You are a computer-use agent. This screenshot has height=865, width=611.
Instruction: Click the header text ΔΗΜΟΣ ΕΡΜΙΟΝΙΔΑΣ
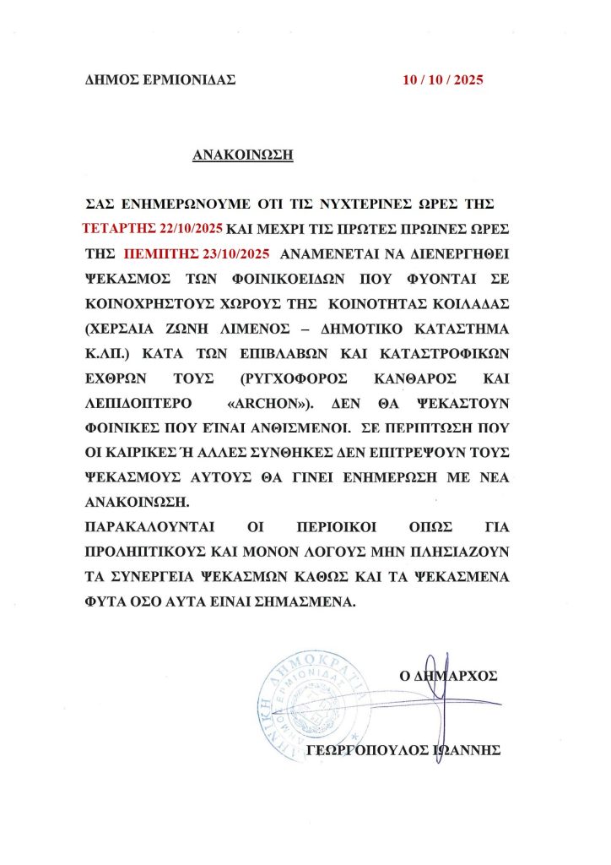point(160,81)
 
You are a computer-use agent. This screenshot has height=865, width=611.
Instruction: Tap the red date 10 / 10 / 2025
point(443,81)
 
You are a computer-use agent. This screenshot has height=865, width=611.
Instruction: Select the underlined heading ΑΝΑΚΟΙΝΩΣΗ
point(242,155)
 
